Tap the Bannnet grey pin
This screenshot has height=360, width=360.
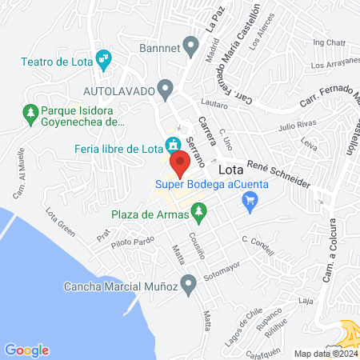(x=190, y=45)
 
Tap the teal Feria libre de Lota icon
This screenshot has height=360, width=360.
(x=171, y=146)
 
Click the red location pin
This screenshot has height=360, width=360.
(x=181, y=163)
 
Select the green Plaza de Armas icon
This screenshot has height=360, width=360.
(x=201, y=214)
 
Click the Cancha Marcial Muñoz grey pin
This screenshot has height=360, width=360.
(x=189, y=282)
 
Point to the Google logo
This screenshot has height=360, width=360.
(x=26, y=350)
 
